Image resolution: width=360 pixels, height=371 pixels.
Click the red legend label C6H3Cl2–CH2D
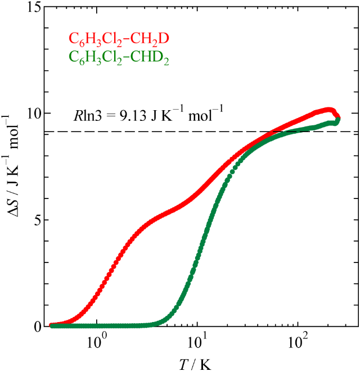click(x=119, y=39)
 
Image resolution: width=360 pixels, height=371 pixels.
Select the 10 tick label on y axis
click(x=33, y=114)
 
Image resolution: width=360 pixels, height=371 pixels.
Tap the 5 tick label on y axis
click(x=37, y=220)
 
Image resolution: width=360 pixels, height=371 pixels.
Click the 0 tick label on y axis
click(x=37, y=326)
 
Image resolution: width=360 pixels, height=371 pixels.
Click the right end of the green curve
click(x=337, y=119)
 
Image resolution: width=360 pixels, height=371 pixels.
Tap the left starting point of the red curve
click(x=52, y=325)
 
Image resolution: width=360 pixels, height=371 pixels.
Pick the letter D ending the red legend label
click(x=165, y=39)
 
